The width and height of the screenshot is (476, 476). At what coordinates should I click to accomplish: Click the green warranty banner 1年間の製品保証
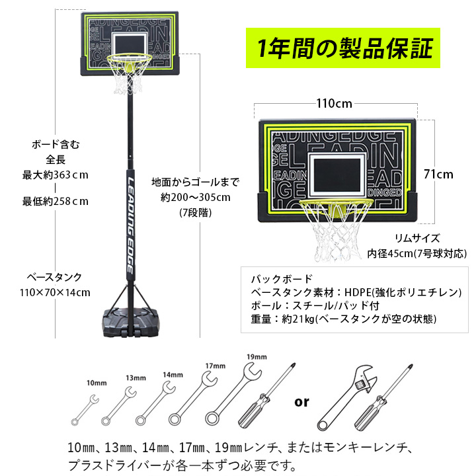(x=342, y=48)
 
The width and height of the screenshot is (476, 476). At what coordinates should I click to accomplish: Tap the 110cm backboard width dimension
(x=335, y=104)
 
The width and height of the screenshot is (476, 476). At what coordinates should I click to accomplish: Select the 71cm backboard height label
(x=438, y=175)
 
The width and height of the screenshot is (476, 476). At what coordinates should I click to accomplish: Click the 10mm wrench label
(x=97, y=383)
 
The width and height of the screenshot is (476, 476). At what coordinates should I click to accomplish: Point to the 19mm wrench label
(x=257, y=357)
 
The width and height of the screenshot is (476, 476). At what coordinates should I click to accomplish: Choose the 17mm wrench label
(x=216, y=366)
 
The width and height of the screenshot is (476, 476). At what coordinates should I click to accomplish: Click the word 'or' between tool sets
(x=301, y=402)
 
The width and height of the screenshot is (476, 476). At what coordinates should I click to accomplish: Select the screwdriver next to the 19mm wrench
(x=266, y=395)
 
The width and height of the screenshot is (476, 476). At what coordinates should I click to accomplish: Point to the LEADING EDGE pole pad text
(x=130, y=225)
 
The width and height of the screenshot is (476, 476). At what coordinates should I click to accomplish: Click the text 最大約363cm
(x=56, y=175)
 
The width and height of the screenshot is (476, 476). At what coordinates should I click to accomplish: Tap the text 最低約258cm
(x=56, y=201)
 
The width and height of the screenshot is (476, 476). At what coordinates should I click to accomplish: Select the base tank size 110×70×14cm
(x=55, y=293)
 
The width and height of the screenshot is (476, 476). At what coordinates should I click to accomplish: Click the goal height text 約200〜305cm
(x=196, y=197)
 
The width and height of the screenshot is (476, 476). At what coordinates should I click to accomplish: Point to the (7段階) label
(x=195, y=212)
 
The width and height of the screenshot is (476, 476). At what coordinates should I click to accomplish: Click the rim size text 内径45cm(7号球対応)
(x=416, y=253)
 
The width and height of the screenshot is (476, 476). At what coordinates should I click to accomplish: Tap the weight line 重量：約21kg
(x=343, y=319)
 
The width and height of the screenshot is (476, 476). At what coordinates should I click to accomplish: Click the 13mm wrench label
(x=136, y=378)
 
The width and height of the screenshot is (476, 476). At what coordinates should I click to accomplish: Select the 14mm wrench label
(x=173, y=375)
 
